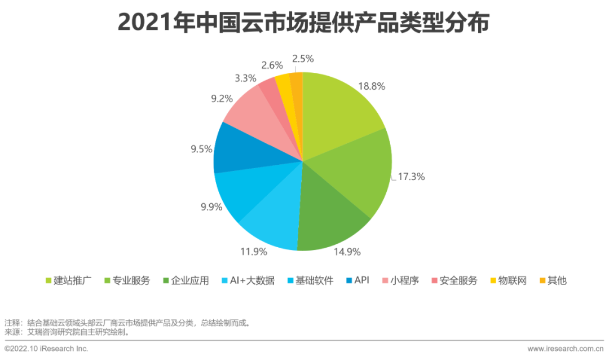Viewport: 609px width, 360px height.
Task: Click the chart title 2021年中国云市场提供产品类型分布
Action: [304, 23]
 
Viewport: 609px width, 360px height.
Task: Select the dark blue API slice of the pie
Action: [237, 150]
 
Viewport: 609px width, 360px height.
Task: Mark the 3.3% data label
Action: [245, 78]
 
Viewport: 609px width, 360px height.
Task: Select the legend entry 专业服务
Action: [127, 280]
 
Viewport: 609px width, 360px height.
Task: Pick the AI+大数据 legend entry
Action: [248, 280]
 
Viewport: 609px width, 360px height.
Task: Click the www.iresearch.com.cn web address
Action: [566, 349]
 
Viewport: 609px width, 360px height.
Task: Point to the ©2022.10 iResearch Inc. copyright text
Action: [47, 349]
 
